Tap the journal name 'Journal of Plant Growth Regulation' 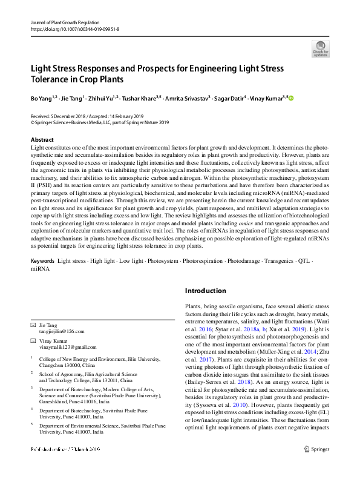[x=65, y=21]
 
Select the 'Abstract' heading [x=42, y=140]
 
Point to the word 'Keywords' [x=42, y=277]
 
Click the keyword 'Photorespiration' [x=203, y=277]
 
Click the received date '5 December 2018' [x=69, y=116]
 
